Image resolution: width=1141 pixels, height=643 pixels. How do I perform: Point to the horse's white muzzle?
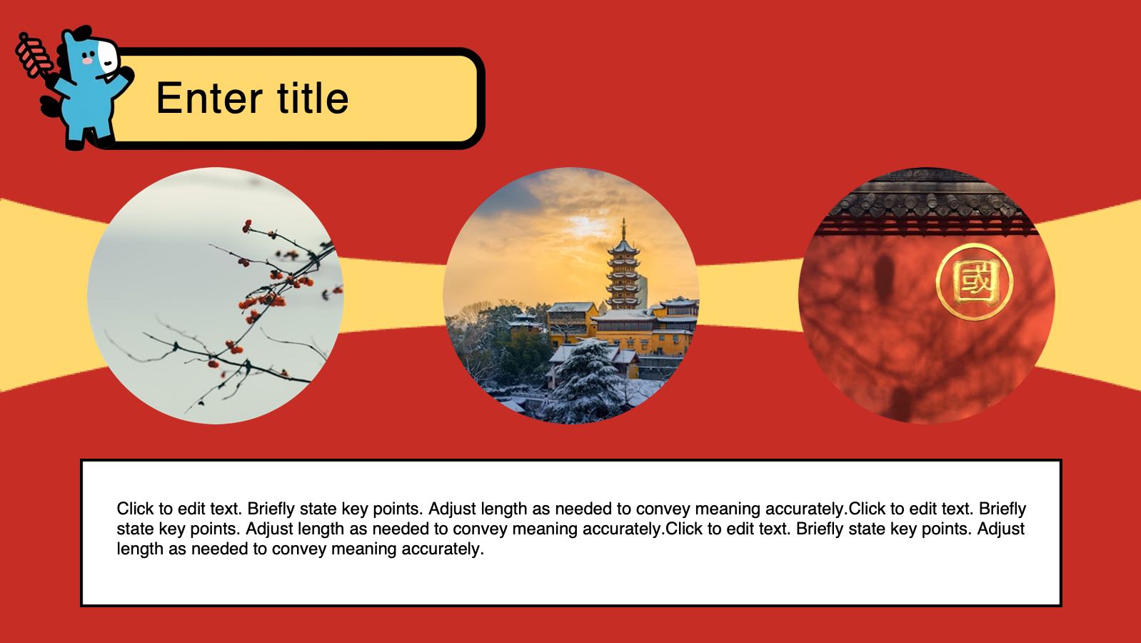coord(108,56)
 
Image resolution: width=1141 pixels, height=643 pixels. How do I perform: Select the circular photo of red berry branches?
coord(216,296)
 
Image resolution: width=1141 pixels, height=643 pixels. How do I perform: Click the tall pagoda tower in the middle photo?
coord(623,267)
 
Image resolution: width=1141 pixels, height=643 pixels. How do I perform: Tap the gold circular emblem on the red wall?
coord(974,281)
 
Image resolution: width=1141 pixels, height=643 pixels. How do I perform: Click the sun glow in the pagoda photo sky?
coord(585,224)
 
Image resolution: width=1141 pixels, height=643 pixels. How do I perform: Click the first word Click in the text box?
coord(136,509)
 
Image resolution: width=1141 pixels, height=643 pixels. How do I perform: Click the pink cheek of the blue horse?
coord(87,61)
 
